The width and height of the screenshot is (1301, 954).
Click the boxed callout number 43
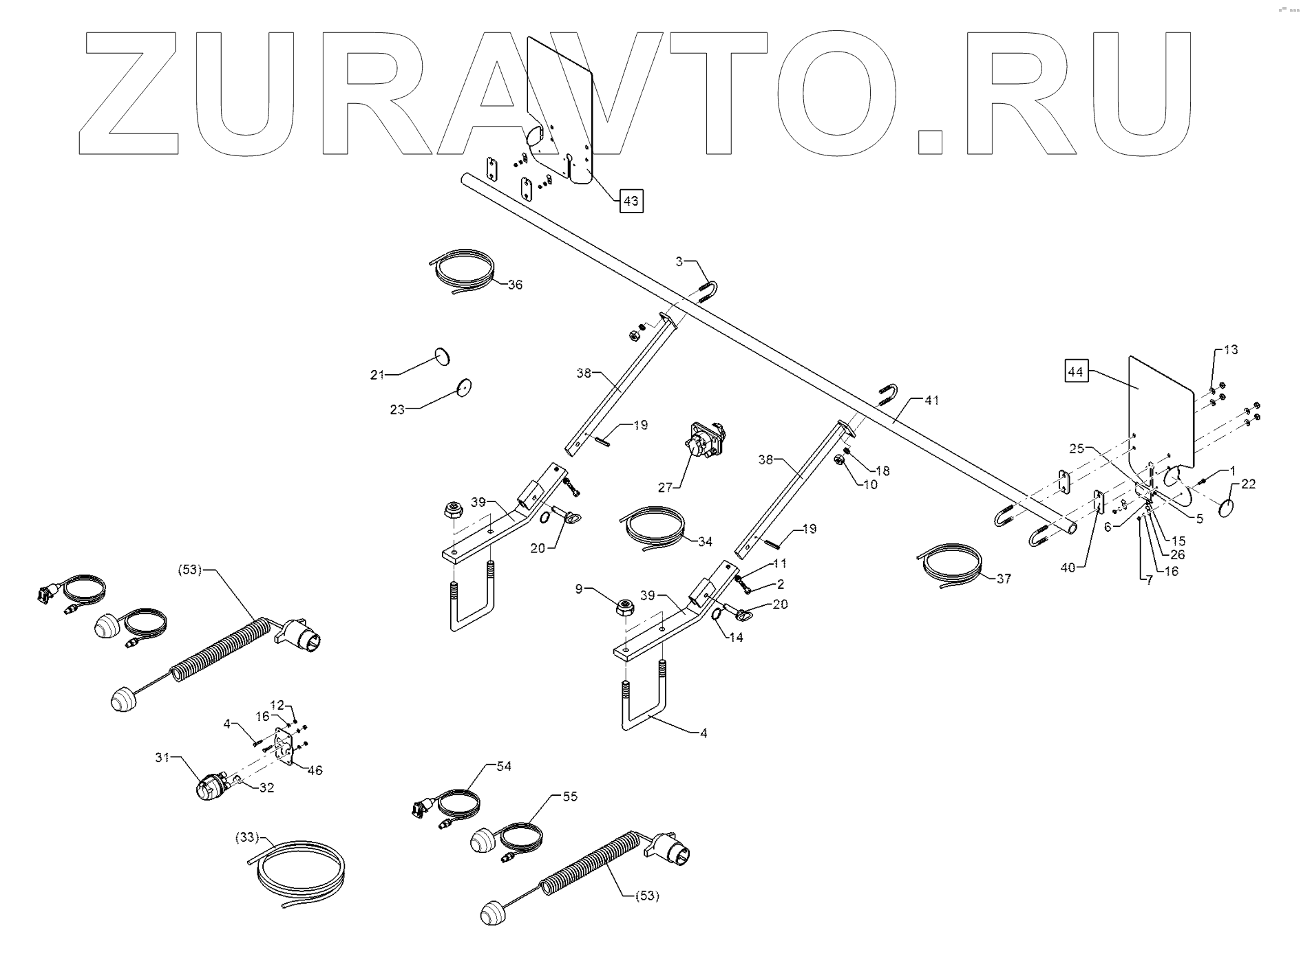pyautogui.click(x=631, y=201)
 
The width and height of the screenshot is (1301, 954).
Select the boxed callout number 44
pyautogui.click(x=1076, y=372)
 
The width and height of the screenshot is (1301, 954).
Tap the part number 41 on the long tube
pyautogui.click(x=931, y=400)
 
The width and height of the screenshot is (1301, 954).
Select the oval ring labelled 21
pyautogui.click(x=443, y=357)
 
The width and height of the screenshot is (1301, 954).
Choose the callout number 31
pyautogui.click(x=162, y=757)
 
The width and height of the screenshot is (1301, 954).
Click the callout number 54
pyautogui.click(x=504, y=766)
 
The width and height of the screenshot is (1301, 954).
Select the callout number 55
pyautogui.click(x=570, y=796)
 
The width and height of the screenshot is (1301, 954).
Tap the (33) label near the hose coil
pyautogui.click(x=246, y=838)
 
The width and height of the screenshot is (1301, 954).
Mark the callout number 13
pyautogui.click(x=1231, y=349)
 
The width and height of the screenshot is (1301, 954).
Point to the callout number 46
pyautogui.click(x=315, y=770)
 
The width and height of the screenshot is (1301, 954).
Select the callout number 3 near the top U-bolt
pyautogui.click(x=679, y=261)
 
